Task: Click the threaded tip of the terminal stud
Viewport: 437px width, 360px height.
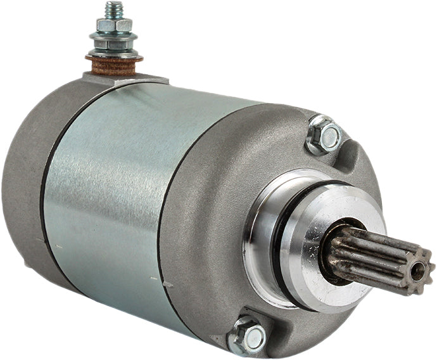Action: (114, 9)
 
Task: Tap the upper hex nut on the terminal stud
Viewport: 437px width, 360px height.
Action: (115, 25)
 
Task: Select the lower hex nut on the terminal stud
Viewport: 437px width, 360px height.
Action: (113, 45)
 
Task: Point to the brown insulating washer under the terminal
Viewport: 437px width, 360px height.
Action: (114, 64)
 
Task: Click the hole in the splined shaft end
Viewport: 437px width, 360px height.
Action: (417, 271)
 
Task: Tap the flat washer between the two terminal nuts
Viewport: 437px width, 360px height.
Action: (114, 35)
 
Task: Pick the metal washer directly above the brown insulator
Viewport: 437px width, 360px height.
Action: (114, 54)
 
